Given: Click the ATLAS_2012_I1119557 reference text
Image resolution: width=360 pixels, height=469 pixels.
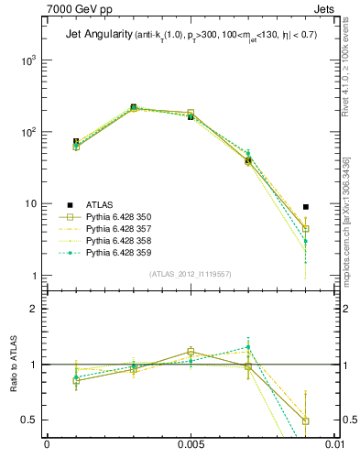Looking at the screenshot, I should (190, 274).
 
